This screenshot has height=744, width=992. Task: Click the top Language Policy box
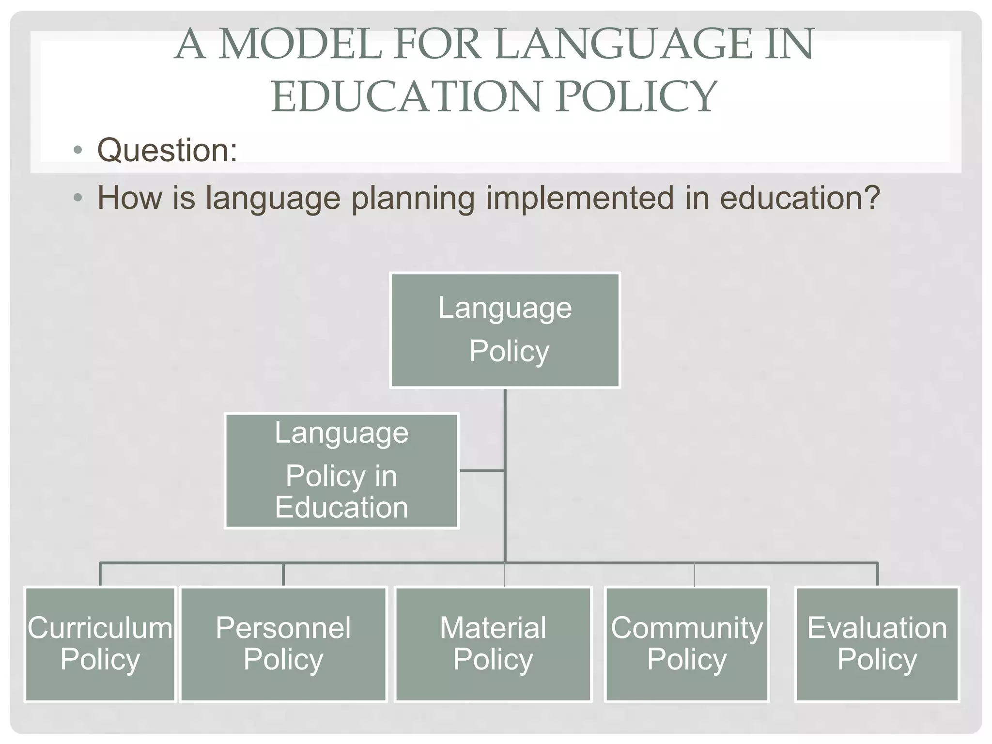click(505, 330)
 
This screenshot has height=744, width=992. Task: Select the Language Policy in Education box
click(341, 471)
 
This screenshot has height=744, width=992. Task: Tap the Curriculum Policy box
click(100, 644)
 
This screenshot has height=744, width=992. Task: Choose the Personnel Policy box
click(283, 644)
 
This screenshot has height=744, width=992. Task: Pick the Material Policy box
click(493, 644)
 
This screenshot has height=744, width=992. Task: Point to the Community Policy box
click(687, 644)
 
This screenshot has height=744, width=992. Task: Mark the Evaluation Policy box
click(877, 644)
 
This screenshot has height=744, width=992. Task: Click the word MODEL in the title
click(300, 45)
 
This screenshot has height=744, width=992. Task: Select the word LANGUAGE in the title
click(622, 45)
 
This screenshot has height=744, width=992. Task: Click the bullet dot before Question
click(78, 150)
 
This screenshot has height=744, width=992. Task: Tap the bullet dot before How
click(78, 198)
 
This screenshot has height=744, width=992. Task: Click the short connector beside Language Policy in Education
click(481, 470)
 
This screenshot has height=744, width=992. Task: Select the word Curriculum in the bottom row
click(100, 628)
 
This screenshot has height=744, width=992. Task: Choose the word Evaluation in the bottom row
click(877, 628)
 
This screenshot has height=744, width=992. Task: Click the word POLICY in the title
click(636, 96)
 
